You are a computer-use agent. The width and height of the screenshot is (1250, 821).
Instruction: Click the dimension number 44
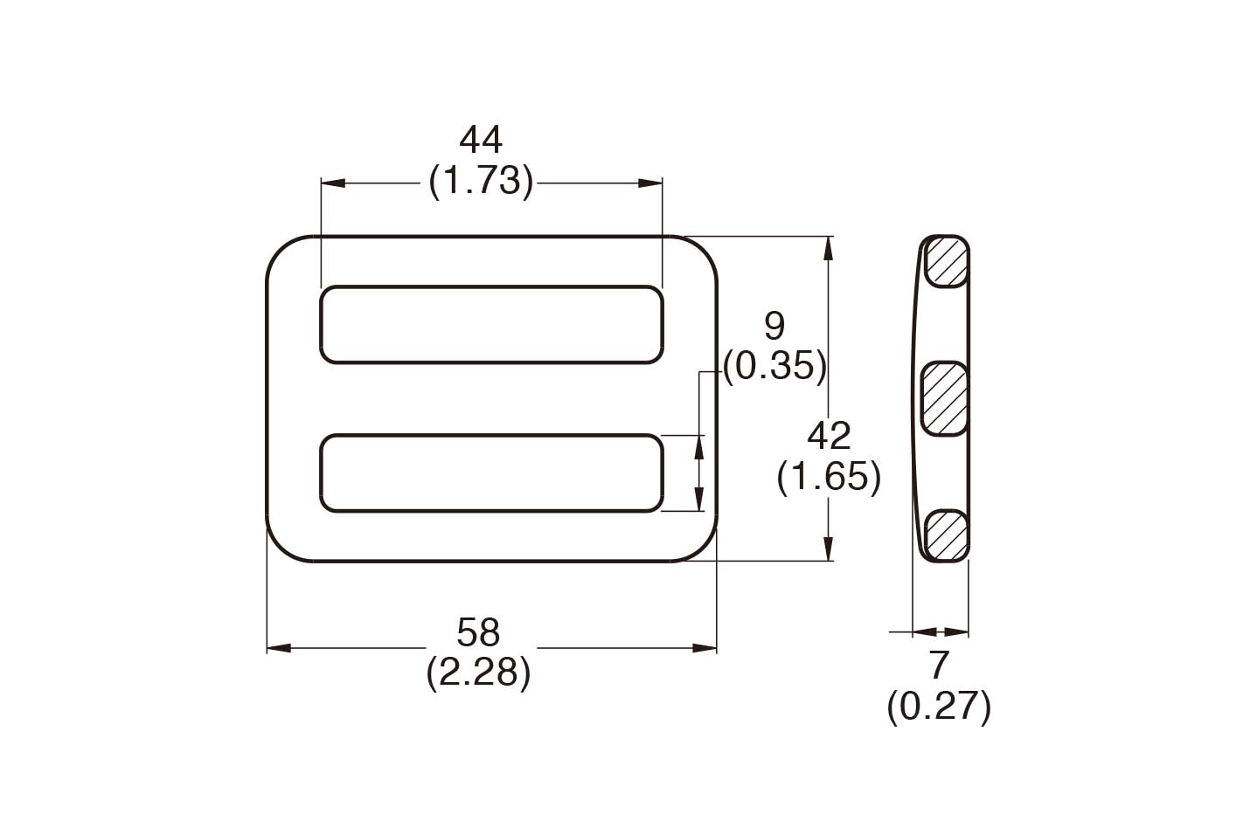[x=481, y=141]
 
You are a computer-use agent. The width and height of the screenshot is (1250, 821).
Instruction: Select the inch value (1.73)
[x=481, y=182]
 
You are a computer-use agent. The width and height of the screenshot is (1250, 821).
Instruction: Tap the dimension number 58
[x=478, y=631]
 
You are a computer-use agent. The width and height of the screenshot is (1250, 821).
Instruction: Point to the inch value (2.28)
[x=478, y=673]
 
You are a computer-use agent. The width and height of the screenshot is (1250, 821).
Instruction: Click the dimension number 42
[x=829, y=436]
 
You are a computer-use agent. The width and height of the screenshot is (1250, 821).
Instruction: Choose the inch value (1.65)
[x=829, y=477]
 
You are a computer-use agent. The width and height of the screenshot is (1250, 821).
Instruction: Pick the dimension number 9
[x=774, y=327]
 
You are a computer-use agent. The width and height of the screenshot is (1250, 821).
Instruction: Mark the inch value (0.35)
[x=774, y=367]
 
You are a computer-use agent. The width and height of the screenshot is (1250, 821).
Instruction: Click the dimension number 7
[x=939, y=666]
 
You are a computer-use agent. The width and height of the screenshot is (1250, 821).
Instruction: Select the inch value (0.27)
[x=939, y=707]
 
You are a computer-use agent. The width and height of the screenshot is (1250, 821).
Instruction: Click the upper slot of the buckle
[x=491, y=324]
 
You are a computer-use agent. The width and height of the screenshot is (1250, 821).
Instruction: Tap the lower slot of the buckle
[x=491, y=473]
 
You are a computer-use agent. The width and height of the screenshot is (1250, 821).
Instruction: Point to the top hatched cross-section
[x=947, y=261]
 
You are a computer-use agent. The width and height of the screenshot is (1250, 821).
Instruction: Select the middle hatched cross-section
[x=945, y=397]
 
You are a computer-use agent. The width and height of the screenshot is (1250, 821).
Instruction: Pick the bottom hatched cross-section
[x=947, y=535]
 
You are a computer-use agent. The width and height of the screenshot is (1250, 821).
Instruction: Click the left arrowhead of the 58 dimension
[x=277, y=648]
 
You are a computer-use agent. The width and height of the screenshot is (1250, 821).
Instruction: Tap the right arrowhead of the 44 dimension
[x=651, y=183]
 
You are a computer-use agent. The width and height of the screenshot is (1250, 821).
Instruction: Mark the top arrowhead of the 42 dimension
[x=829, y=247]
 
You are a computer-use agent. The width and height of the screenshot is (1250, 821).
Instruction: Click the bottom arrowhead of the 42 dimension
[x=829, y=550]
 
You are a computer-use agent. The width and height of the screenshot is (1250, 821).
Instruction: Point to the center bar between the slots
[x=491, y=398]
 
